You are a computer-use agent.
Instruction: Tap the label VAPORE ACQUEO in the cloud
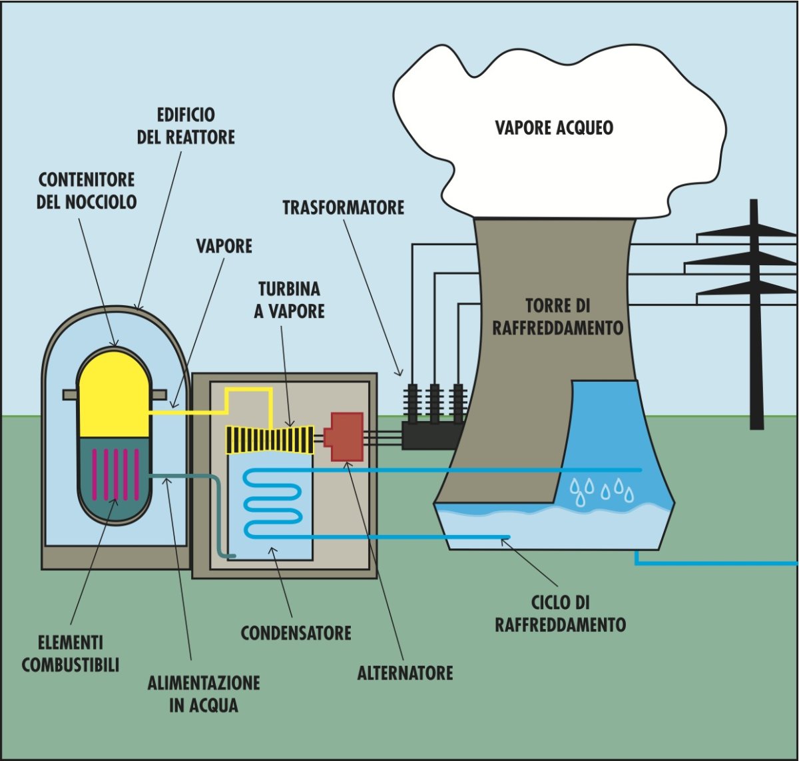554,128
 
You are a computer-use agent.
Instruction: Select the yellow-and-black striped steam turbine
270,440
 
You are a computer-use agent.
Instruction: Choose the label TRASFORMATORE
343,207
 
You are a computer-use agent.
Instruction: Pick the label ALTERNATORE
405,673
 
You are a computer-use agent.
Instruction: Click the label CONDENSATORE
296,632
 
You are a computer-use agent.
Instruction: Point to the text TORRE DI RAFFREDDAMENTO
558,317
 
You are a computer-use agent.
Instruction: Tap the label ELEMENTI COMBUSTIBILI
71,654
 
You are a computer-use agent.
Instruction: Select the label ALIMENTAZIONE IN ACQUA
204,694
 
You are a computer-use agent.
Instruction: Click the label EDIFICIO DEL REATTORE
186,126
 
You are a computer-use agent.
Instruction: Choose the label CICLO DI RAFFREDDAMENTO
560,614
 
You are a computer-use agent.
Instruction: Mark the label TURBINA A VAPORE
289,300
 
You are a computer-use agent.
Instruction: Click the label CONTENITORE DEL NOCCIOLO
87,191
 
